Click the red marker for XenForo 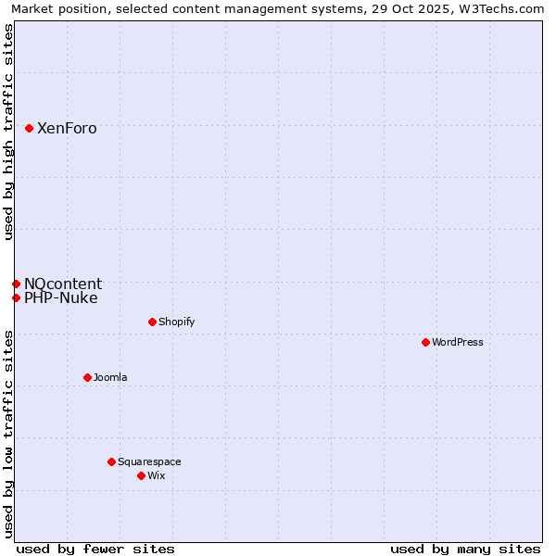(30, 129)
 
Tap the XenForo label (67, 129)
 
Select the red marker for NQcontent (16, 284)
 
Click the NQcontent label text (63, 284)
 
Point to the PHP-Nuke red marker (16, 297)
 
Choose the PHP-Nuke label (61, 297)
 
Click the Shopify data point (152, 322)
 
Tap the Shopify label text (176, 322)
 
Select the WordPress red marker (425, 342)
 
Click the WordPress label (458, 342)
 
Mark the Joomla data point (87, 377)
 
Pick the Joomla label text (110, 377)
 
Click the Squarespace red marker (111, 461)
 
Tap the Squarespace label (149, 461)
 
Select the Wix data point (141, 475)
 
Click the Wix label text (157, 475)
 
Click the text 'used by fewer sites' (95, 549)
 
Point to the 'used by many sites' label (465, 549)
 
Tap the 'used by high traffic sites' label (9, 132)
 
